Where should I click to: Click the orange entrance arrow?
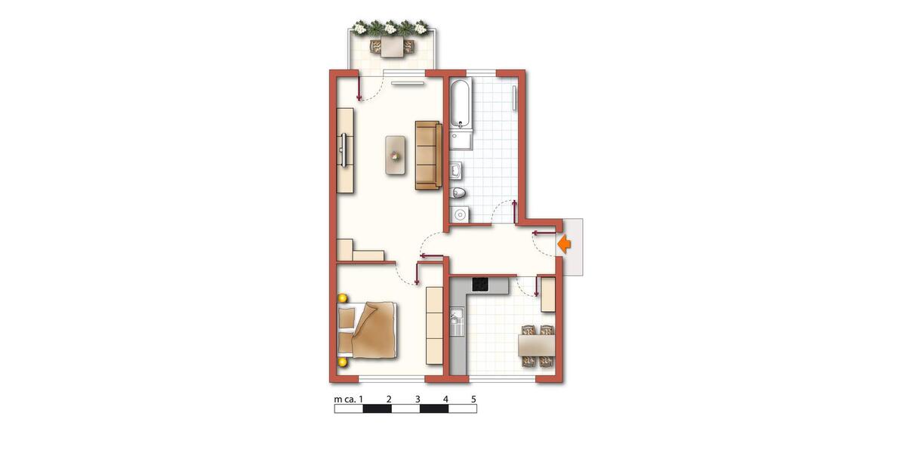tap(564, 245)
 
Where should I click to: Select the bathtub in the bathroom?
tap(461, 103)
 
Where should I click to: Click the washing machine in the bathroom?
tap(460, 214)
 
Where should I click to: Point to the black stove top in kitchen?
tap(480, 285)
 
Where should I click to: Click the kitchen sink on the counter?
tap(456, 322)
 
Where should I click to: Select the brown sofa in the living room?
tap(428, 156)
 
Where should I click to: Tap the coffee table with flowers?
tap(395, 156)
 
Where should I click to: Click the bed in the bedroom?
tap(367, 330)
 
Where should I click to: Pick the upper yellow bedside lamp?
tap(343, 298)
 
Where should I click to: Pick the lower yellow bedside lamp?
tap(343, 362)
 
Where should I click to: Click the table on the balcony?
tap(392, 47)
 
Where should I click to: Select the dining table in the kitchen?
tap(536, 346)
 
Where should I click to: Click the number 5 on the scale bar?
tap(473, 399)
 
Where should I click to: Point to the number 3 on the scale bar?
tap(418, 399)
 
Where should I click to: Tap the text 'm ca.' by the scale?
tap(345, 399)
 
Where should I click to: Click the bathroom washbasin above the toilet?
tap(457, 171)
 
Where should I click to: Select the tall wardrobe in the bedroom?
tap(435, 325)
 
